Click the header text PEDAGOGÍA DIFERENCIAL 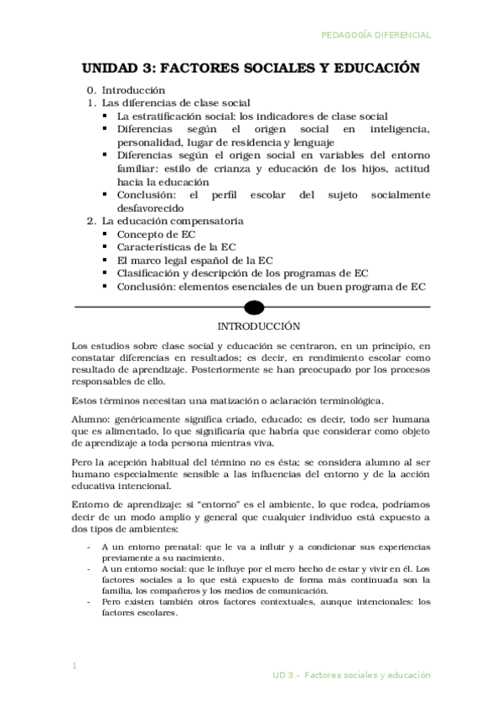(376, 35)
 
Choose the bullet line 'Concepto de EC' (156, 234)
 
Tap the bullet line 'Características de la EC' (176, 247)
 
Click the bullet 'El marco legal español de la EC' (194, 260)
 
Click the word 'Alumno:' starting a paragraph (90, 416)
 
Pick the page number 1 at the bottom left (75, 666)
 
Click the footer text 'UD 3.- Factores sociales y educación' (351, 674)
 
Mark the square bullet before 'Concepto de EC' (104, 234)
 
